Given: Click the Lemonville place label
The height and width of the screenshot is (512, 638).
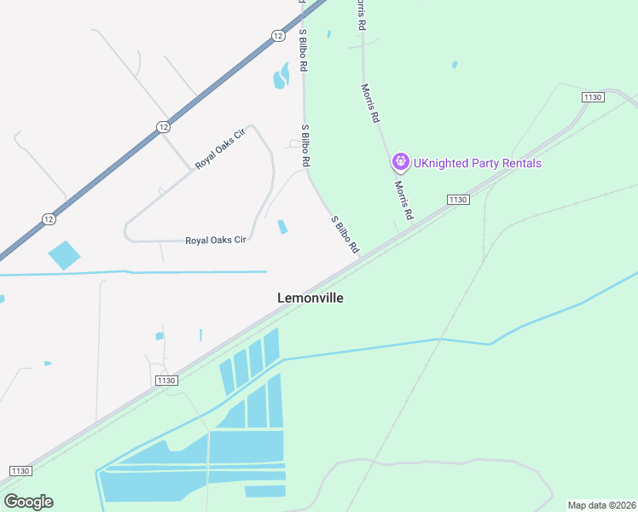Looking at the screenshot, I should coord(310,298).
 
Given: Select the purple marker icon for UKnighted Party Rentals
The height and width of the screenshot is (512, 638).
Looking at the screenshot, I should coord(400,161).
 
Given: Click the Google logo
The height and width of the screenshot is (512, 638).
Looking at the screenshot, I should coord(28,502).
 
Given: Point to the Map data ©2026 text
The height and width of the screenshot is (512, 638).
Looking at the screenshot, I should coord(602,505).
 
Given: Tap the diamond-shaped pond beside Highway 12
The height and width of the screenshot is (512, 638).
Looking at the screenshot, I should coord(64,255).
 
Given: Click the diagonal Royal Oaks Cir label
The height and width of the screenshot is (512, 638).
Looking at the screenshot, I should coord(220,148).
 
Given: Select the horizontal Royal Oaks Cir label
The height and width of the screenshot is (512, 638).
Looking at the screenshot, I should coord(216,241).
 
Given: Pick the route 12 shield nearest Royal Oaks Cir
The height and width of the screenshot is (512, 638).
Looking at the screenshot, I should coord(163,126).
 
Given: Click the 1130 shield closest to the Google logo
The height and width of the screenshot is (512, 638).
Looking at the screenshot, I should coord(20,471).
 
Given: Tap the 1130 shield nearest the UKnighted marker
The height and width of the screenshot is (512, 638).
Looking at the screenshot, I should coord(458,199).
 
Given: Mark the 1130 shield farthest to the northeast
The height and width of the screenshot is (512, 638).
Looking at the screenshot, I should coord(594,97).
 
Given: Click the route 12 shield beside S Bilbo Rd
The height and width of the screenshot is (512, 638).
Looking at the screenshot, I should coord(278,35).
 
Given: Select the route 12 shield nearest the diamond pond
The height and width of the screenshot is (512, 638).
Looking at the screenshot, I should coord(49,219).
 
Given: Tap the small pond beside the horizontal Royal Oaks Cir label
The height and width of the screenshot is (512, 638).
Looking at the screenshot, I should coord(282,227).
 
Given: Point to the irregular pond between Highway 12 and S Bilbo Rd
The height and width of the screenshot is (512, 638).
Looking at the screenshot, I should coord(281,79).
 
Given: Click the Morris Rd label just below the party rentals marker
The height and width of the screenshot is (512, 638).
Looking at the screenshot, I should coord(403,200).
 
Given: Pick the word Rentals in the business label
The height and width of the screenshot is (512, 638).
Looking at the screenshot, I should coord(520,163).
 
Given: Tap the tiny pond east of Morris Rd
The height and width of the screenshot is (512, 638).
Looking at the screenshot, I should coord(455,65).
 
